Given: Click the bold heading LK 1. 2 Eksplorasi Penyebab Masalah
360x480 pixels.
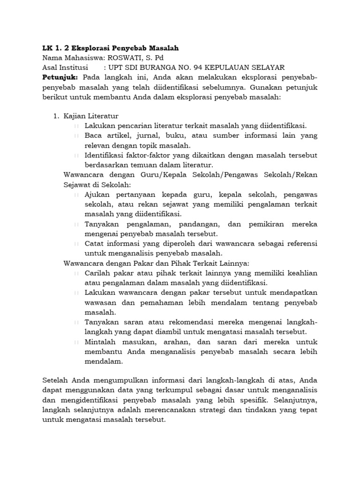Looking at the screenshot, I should [x=110, y=48].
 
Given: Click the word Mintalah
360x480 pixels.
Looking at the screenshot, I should [x=101, y=342].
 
